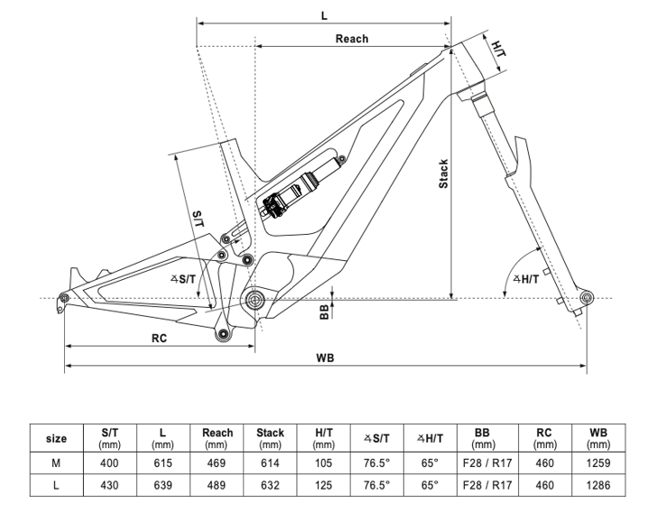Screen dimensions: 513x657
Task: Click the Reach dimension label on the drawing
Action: click(352, 39)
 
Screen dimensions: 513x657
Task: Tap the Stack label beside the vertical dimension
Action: click(443, 174)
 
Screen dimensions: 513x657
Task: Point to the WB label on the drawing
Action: click(326, 358)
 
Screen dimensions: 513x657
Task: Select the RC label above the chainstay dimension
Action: click(158, 337)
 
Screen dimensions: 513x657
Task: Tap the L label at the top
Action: click(323, 14)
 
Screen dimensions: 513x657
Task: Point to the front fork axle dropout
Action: click(585, 297)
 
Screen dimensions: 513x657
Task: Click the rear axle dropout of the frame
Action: click(63, 297)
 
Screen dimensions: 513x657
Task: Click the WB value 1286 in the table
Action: click(598, 485)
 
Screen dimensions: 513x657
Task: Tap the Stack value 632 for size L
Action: click(270, 485)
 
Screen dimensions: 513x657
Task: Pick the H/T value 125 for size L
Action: click(323, 485)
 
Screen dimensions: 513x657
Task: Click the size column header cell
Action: click(56, 439)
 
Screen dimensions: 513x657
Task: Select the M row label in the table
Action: click(56, 462)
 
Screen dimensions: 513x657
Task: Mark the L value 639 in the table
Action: click(162, 485)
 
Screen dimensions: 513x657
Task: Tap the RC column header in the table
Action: click(543, 439)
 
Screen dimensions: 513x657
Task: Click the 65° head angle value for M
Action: click(430, 462)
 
